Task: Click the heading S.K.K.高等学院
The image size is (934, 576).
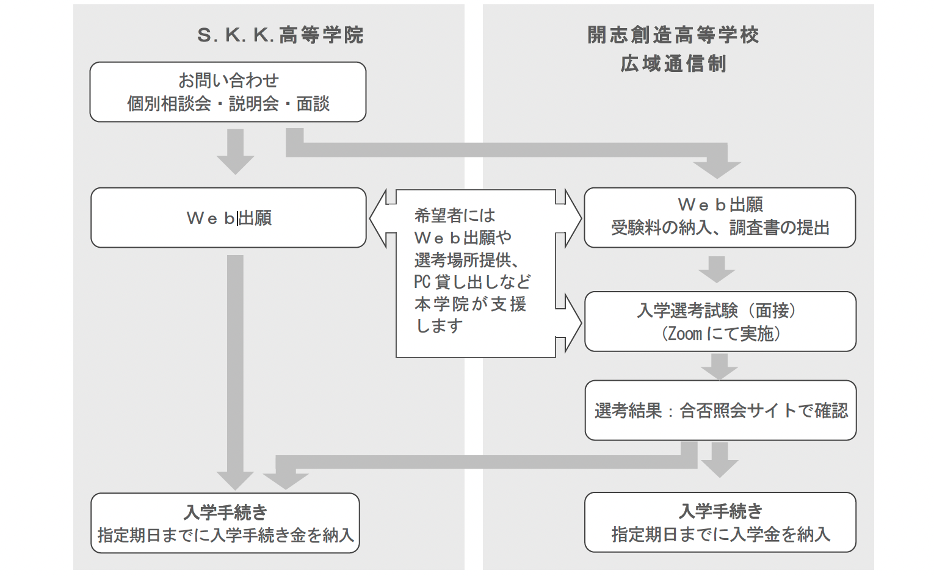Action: (x=280, y=35)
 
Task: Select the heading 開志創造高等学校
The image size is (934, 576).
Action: (x=673, y=35)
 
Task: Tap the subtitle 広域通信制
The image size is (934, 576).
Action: (x=673, y=63)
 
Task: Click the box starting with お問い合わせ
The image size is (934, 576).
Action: (x=228, y=92)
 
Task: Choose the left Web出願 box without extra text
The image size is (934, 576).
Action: (x=228, y=218)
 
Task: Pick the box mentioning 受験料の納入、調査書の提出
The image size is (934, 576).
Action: (x=720, y=218)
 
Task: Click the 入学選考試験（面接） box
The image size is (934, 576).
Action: (x=720, y=322)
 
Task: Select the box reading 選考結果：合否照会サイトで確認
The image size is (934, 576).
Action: (x=720, y=411)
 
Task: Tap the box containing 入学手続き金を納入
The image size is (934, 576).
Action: (x=225, y=523)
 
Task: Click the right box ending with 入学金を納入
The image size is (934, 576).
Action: (x=720, y=522)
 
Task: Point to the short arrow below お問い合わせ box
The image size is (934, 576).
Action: (x=235, y=151)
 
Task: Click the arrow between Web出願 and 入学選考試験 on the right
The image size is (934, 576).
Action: (x=717, y=269)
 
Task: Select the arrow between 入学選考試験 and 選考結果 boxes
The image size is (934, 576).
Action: (x=719, y=366)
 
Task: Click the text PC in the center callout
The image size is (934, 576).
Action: (x=422, y=282)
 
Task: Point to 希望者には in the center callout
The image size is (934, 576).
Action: (x=455, y=215)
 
